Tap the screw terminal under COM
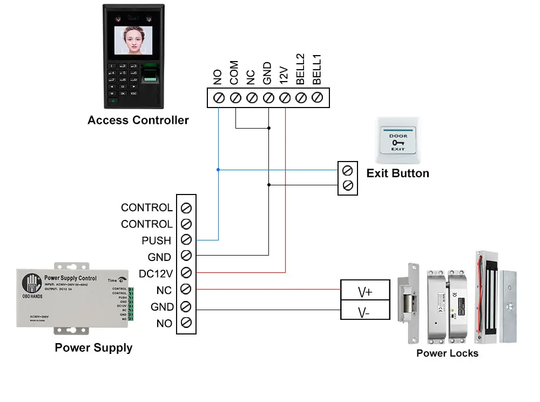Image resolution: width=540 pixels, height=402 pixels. click(x=235, y=98)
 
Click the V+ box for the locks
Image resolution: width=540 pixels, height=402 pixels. click(x=365, y=292)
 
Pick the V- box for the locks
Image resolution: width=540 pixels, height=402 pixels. click(x=365, y=312)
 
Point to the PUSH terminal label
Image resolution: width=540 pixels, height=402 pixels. click(x=156, y=240)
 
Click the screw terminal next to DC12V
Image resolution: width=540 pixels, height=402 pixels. click(x=186, y=273)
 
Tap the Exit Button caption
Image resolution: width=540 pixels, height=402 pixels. click(x=397, y=173)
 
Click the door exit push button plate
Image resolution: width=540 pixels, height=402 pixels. click(x=399, y=139)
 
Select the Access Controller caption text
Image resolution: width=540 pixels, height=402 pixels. click(x=138, y=120)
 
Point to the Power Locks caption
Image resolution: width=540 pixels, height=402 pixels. click(x=447, y=353)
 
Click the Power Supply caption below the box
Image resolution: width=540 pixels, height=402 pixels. click(x=93, y=347)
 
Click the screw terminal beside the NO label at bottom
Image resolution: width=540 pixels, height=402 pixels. click(x=186, y=323)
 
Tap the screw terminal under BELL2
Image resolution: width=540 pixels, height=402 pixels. click(x=301, y=98)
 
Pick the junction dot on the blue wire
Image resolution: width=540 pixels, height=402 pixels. click(x=218, y=170)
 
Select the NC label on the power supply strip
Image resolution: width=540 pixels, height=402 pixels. click(x=164, y=290)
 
